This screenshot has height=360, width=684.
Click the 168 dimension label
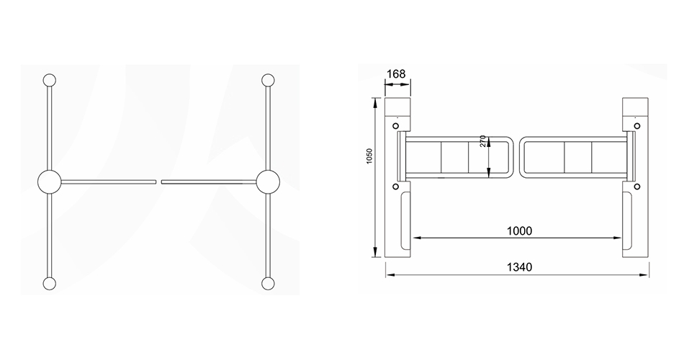pos(396,73)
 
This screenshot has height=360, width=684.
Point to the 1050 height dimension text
pos(369,156)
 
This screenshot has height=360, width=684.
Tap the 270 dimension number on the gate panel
pos(482,140)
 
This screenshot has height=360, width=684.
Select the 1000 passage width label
pos(519,231)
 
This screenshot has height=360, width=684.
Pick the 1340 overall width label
pos(519,266)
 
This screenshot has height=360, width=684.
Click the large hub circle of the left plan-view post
pos(50,181)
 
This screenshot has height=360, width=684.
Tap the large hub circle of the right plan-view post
pos(268,181)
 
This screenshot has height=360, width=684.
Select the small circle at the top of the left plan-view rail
pos(50,81)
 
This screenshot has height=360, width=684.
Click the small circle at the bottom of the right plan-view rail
pos(268,283)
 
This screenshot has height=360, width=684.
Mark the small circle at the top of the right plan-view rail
pos(268,81)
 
